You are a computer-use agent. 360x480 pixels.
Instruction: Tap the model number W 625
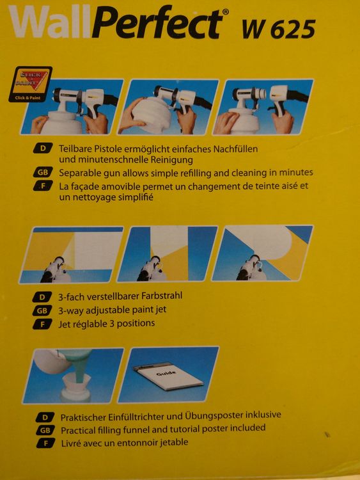click(x=279, y=29)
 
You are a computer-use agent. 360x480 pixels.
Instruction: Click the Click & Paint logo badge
click(x=30, y=84)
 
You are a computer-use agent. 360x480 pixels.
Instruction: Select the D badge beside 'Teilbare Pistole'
click(x=43, y=148)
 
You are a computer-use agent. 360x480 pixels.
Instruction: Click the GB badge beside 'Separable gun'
click(x=43, y=172)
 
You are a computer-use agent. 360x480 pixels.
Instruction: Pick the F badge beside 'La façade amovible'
click(x=43, y=186)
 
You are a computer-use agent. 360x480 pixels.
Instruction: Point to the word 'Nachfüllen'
click(x=235, y=149)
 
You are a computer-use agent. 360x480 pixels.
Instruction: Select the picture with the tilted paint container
click(x=169, y=107)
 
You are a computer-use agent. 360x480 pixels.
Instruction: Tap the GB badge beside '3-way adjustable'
click(x=42, y=310)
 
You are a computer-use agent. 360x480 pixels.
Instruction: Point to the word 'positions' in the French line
click(x=136, y=324)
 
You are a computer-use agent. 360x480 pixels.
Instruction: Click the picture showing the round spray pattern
click(x=263, y=253)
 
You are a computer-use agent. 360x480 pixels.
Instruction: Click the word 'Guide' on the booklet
click(x=166, y=374)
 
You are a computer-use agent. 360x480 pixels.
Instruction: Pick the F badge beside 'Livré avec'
click(x=45, y=443)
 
